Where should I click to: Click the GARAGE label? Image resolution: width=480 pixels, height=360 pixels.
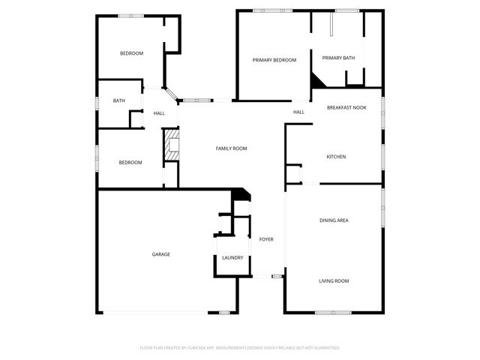click(160, 254)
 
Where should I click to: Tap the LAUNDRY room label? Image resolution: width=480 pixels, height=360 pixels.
click(232, 258)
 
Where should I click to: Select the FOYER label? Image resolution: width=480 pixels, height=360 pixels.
click(266, 239)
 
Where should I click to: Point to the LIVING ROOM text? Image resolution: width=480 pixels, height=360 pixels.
click(334, 281)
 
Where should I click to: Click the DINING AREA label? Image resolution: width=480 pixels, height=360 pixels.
click(334, 220)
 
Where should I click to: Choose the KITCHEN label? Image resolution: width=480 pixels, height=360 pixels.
click(335, 157)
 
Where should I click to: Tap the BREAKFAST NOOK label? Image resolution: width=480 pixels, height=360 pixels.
click(346, 108)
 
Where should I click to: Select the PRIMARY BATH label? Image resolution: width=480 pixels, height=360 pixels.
click(338, 58)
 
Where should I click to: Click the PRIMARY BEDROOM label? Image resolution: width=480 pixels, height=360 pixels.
click(274, 60)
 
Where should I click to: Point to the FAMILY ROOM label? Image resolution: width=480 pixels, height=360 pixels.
click(231, 148)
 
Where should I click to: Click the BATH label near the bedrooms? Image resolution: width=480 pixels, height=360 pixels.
click(119, 101)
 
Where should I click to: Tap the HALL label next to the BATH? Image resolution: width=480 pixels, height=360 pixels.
click(159, 113)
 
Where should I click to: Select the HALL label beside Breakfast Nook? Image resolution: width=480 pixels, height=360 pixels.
click(298, 112)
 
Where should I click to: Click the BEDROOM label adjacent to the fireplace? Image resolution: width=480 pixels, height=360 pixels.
click(131, 163)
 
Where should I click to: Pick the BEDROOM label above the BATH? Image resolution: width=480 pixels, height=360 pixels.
click(131, 53)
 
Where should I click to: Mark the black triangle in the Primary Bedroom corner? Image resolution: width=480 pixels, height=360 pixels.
click(316, 80)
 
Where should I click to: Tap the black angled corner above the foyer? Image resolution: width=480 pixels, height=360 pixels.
click(241, 194)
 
